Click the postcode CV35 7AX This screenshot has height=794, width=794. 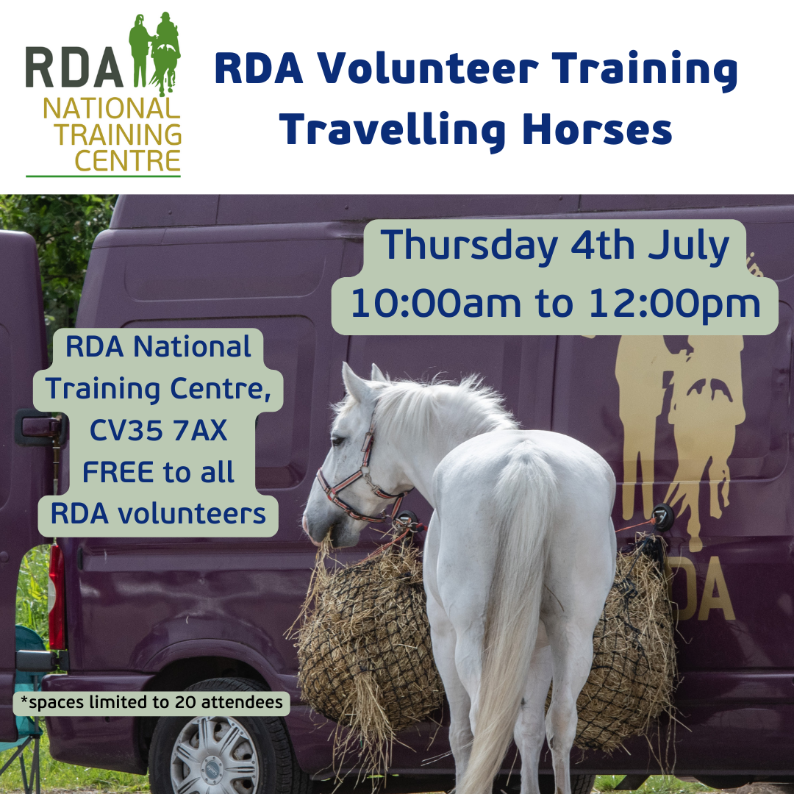coord(158,431)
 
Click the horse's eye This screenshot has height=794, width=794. coord(338,441)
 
